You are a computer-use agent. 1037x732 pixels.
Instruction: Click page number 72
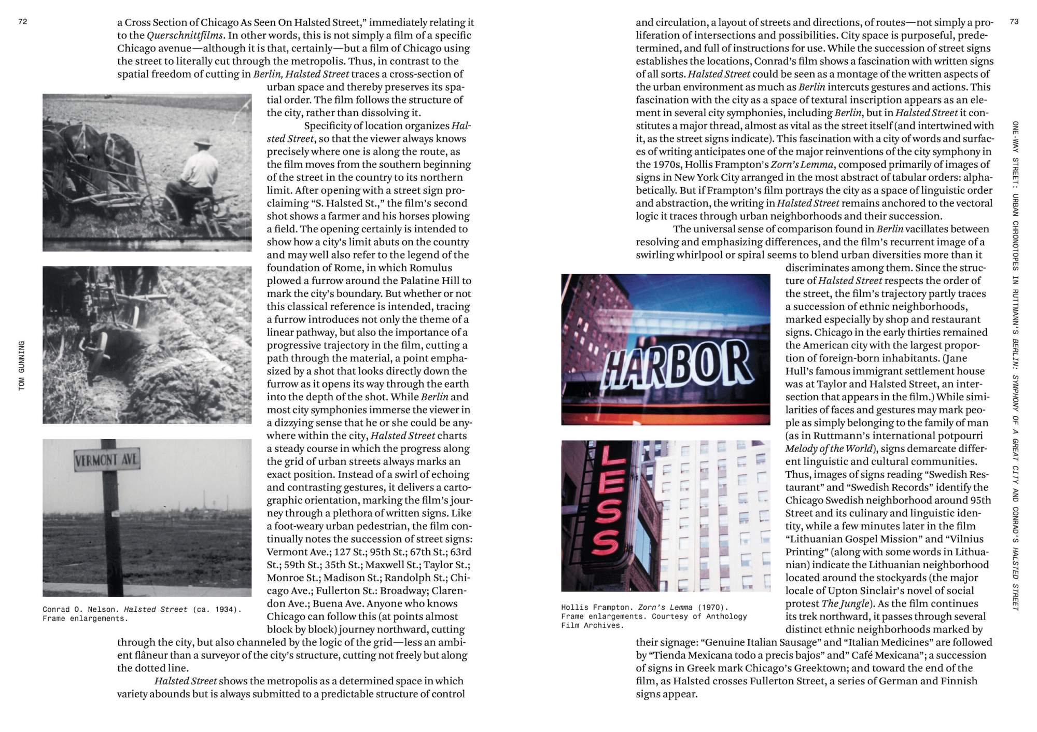pos(22,22)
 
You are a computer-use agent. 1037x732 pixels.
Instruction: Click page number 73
pos(1014,22)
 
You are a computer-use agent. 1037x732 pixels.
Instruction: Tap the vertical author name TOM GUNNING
pos(22,365)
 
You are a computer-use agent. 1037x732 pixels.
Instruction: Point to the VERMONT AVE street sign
pos(107,460)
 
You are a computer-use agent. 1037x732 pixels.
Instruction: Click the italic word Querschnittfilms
pos(185,36)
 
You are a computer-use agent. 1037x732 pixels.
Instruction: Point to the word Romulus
pos(430,268)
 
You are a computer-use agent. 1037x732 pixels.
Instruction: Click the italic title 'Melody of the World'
pos(829,449)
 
